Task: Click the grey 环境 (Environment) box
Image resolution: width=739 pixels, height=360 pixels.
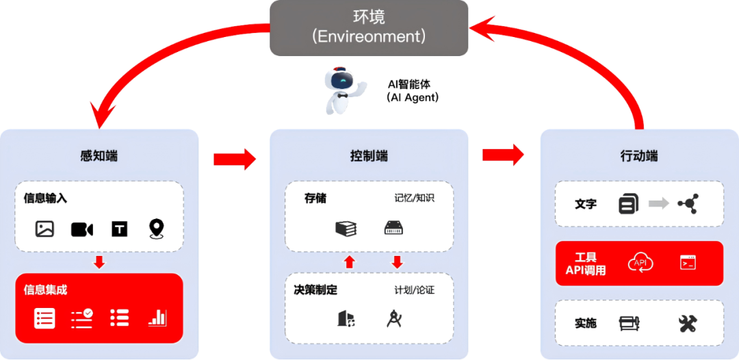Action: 369,27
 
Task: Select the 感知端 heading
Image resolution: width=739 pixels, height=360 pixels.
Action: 99,156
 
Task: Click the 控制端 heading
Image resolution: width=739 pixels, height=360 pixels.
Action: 369,156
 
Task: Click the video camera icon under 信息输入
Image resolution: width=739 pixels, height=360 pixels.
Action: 82,229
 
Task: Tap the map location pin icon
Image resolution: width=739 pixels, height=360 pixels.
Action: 157,229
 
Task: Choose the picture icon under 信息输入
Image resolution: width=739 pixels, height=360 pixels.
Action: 44,229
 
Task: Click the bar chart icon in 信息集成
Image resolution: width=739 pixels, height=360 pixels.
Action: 157,318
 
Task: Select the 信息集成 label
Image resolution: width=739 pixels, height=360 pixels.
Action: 46,290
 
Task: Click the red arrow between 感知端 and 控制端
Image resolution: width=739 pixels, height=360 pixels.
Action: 234,159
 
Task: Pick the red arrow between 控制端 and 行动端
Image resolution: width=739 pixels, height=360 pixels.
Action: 504,155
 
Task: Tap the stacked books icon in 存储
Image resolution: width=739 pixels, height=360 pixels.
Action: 346,229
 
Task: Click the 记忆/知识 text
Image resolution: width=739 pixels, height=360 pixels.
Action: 414,198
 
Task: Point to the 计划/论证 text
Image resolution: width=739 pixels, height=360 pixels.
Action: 414,290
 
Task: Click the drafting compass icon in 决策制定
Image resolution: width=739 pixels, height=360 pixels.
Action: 394,318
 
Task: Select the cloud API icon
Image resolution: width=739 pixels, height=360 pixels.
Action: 640,263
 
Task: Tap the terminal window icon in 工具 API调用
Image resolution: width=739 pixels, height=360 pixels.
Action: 688,262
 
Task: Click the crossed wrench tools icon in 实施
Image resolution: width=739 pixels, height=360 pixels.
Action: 688,323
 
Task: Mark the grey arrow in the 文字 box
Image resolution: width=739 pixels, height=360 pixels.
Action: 658,203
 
